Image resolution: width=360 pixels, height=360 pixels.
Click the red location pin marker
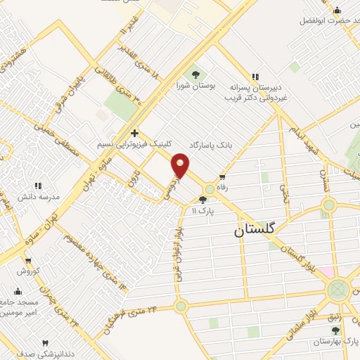pos(181,165)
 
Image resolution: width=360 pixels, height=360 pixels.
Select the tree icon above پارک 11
pos(203,200)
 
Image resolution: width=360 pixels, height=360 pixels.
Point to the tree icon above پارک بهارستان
pos(336,329)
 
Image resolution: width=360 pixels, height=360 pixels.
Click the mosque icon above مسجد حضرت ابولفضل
pos(337,10)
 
